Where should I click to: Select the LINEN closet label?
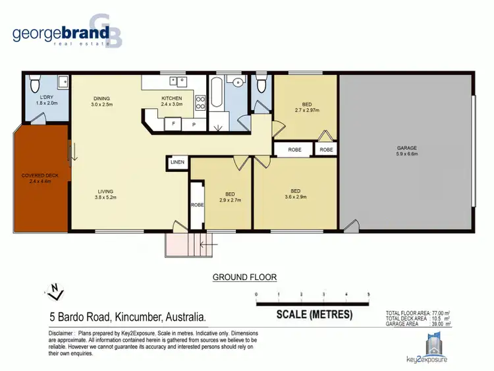(x=177, y=162)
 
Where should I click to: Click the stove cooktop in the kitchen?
(x=200, y=103)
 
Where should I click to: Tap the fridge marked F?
(x=174, y=123)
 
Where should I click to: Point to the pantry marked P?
(x=194, y=123)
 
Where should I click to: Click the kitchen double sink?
(x=178, y=81)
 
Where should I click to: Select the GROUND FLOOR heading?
(x=244, y=277)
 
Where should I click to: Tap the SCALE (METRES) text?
(x=314, y=314)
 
